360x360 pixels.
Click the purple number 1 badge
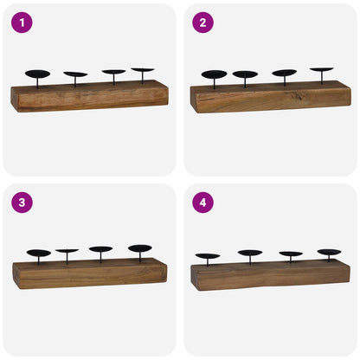[21, 22]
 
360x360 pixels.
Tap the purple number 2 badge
[202, 22]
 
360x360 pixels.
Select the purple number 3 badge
[21, 202]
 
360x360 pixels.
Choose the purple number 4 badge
[202, 202]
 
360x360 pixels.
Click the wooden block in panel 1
[89, 96]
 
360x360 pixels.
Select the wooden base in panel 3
[89, 273]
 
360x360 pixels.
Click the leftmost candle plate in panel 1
[38, 74]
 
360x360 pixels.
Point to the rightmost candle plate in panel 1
[142, 70]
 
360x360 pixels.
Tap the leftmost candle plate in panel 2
[214, 74]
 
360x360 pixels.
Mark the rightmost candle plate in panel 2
[322, 70]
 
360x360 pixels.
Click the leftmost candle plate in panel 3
[39, 254]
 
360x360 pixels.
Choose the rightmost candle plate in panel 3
[139, 248]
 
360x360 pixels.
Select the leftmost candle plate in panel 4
[208, 256]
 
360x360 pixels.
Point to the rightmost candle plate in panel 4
[329, 253]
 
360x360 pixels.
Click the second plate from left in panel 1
[75, 74]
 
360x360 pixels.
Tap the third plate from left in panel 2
[284, 73]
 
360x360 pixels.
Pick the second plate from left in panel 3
[67, 252]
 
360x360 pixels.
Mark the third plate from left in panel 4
[291, 254]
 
